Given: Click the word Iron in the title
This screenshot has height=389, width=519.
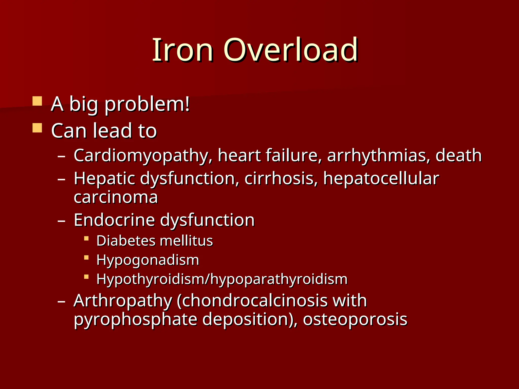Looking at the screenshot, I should point(182,50).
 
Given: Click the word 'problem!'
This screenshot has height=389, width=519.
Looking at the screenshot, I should point(147,104).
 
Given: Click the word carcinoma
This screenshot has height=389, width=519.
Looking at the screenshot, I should point(116,197).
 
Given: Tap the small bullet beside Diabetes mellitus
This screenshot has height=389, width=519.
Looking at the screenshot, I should point(86,238).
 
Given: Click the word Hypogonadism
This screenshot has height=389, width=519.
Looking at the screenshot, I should point(148,260).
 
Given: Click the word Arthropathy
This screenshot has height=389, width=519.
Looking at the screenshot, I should point(123,301).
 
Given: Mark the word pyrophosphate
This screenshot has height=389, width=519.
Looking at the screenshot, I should point(135,320).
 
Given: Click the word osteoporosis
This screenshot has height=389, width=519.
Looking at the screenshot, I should point(355,320).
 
